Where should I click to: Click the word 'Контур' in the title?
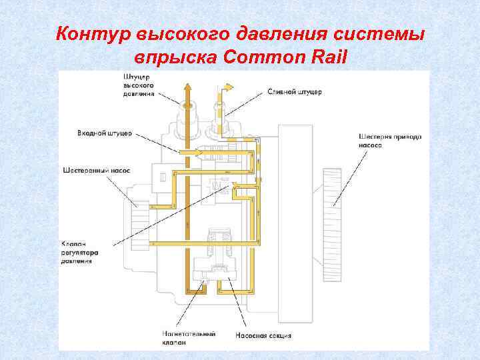click(94, 34)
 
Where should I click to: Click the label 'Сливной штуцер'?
click(295, 91)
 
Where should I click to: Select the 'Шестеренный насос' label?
click(97, 170)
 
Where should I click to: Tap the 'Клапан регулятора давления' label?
click(81, 253)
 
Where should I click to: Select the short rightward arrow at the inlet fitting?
click(193, 152)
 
